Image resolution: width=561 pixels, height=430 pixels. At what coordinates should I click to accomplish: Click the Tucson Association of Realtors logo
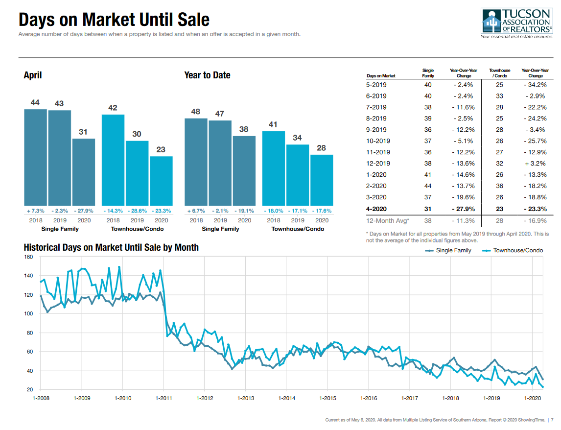517,23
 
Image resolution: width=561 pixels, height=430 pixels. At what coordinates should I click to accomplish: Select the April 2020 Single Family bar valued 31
84,171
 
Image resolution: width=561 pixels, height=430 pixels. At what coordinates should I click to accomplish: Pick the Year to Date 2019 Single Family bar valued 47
220,162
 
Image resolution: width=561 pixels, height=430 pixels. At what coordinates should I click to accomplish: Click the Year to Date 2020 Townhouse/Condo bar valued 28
322,180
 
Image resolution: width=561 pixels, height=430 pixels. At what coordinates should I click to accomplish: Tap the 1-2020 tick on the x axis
533,398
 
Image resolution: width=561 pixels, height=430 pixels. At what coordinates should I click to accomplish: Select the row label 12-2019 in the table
376,164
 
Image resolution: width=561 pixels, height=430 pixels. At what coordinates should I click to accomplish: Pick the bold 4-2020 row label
376,209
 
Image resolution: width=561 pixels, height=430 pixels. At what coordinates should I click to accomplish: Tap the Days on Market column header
381,76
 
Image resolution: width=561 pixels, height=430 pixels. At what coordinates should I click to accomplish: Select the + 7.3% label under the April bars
35,211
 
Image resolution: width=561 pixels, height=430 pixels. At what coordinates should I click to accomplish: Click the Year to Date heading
207,75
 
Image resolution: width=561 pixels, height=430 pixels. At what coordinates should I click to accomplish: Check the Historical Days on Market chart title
111,247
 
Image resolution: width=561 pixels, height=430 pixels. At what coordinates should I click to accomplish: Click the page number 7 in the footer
553,420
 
